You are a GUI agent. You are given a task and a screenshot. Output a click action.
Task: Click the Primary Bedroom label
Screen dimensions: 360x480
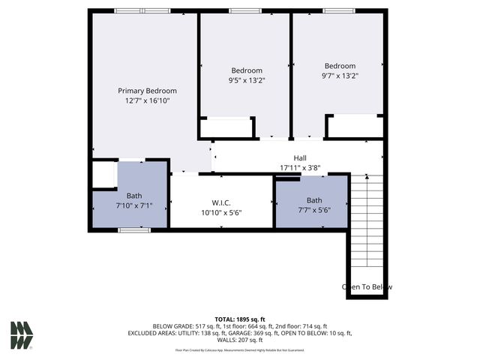pos(148,90)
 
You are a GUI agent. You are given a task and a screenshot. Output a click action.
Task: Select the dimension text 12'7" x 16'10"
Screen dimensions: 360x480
pos(148,100)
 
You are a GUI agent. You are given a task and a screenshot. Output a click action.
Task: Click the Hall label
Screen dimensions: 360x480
pos(299,158)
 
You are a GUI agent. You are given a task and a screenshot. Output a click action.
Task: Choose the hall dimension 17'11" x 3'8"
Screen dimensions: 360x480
pos(299,168)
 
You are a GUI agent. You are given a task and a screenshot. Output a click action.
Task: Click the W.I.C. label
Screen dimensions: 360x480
pos(221,202)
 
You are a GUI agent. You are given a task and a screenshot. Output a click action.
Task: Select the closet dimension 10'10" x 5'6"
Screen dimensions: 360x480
pos(221,212)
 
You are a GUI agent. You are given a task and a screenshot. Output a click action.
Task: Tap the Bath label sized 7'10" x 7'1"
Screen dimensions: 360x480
pos(133,195)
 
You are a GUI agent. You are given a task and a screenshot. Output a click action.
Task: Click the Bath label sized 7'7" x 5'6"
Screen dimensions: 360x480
pos(313,200)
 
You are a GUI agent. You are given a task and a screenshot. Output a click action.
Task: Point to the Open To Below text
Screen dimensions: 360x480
pos(367,286)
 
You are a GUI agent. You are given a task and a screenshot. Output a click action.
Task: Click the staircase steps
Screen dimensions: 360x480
pos(367,225)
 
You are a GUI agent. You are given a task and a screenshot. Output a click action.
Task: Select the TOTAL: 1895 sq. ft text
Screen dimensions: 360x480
pos(240,319)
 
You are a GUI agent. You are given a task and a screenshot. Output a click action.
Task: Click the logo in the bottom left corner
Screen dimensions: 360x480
pos(22,335)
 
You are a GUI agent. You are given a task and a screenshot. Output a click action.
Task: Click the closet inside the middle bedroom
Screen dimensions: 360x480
pos(226,127)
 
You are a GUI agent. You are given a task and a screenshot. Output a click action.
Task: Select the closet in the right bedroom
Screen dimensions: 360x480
pos(355,126)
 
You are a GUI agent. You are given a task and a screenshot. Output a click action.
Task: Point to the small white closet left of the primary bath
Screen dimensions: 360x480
pos(103,175)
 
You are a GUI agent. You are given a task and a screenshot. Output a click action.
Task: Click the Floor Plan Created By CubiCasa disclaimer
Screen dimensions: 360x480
pos(240,349)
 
